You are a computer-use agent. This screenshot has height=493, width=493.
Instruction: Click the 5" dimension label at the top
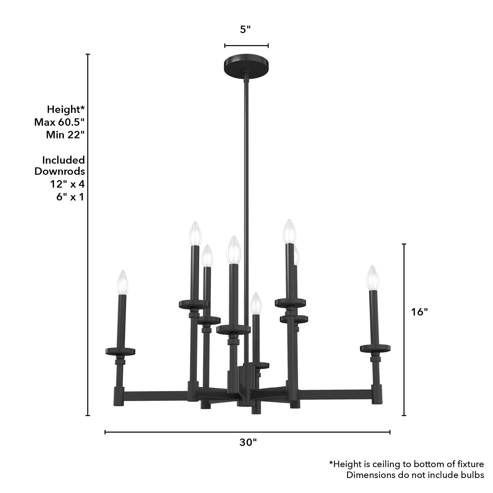tap(245, 30)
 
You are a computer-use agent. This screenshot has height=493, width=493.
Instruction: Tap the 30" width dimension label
tap(248, 449)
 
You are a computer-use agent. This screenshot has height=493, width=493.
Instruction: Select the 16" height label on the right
tap(419, 312)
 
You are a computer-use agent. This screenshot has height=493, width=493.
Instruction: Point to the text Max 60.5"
tap(59, 122)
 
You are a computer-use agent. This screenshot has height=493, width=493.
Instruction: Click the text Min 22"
tap(65, 135)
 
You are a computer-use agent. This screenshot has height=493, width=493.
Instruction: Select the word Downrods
tap(60, 171)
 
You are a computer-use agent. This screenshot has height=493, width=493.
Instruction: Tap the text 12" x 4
tap(67, 184)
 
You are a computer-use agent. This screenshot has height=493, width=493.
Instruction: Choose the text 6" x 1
tap(70, 197)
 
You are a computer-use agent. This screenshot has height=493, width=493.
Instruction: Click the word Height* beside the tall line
tap(66, 109)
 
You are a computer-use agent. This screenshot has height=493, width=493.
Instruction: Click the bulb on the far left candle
tap(123, 282)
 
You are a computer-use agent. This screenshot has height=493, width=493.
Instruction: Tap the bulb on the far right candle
tap(372, 278)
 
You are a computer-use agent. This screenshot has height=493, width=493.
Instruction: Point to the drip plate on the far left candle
tap(121, 351)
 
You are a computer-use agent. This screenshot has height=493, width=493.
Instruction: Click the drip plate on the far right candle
tap(375, 348)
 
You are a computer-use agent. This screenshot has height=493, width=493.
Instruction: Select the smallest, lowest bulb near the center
tap(256, 304)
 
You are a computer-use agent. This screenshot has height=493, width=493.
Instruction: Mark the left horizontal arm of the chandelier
tap(156, 396)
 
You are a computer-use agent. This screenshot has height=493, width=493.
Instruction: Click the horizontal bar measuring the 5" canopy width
tap(246, 46)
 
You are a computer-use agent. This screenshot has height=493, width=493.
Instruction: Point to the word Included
tap(63, 160)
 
